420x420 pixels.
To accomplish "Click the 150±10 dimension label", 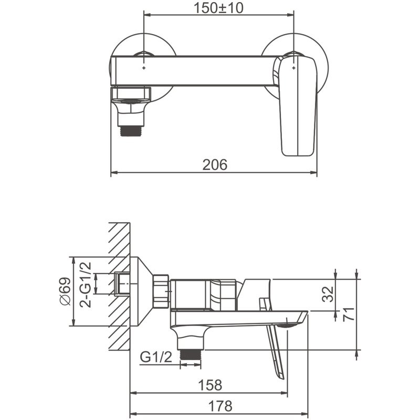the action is point(218,8).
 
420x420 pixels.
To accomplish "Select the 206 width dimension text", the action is point(215,164).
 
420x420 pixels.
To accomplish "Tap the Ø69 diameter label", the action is point(66,291).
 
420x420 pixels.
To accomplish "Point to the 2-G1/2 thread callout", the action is point(86,285).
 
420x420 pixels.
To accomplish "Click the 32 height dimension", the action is point(328,294).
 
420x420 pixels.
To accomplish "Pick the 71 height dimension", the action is point(349,314).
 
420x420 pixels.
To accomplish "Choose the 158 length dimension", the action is point(211,385).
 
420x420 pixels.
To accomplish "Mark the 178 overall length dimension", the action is point(220,406).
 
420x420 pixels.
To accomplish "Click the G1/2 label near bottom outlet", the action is point(156,357).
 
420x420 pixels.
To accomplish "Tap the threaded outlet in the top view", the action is point(131,131).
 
